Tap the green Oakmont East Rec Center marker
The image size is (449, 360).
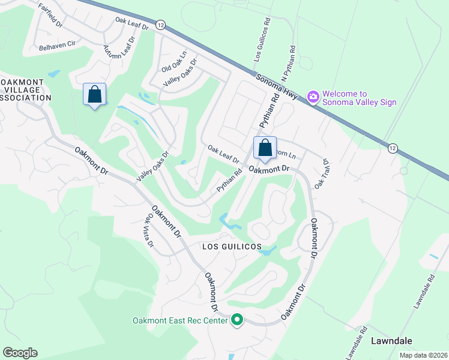click(237, 320)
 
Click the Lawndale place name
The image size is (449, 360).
click(391, 340)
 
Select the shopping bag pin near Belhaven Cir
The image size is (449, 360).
click(94, 94)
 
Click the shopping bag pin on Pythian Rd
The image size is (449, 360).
click(265, 148)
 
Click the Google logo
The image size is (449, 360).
click(20, 353)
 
